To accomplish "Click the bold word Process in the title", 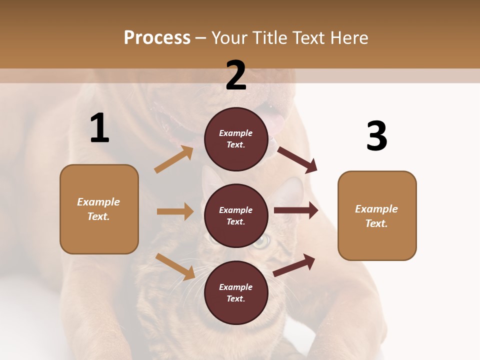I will [x=157, y=37].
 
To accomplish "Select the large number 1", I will [x=99, y=128].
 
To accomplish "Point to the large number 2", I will [x=236, y=75].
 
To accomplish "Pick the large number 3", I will [x=376, y=136].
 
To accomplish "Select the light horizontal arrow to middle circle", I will [x=175, y=211].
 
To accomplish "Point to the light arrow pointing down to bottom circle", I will [x=175, y=266].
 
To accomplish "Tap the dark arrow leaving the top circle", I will [x=297, y=159].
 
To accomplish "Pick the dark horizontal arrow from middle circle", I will [x=295, y=210].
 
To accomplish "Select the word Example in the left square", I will [x=98, y=202].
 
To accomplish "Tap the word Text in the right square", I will [x=376, y=223].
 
